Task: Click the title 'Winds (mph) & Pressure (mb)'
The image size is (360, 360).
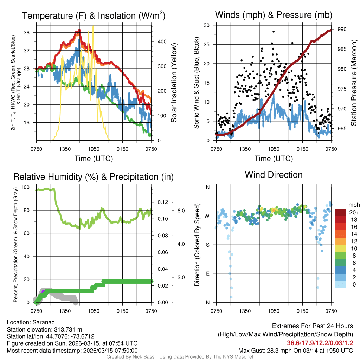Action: coord(273,15)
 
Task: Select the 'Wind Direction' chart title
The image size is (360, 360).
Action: coord(274,175)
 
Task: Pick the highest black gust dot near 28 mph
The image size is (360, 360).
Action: coord(274,31)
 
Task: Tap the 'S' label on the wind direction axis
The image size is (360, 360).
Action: coord(207,245)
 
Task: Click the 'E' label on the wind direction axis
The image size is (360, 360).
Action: coord(207,274)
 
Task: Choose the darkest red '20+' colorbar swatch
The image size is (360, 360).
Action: coord(341,212)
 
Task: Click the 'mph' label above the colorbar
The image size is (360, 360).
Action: coord(353,205)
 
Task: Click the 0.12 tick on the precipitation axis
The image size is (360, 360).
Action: coord(162,202)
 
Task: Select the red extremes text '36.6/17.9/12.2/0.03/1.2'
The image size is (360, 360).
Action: coord(320,343)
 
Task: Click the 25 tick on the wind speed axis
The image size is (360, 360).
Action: coord(207,44)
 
